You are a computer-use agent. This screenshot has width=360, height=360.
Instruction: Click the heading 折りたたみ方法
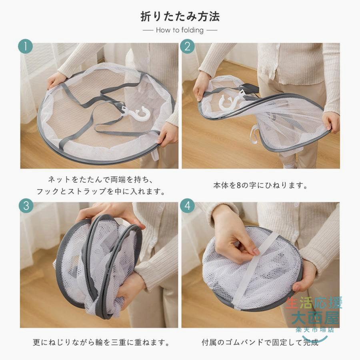(180, 17)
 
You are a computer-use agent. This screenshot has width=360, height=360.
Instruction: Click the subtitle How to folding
(180, 30)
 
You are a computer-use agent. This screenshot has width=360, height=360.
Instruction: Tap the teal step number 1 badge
(26, 46)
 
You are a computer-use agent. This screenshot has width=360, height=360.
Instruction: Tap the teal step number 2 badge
(187, 46)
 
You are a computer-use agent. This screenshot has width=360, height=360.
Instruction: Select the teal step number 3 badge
(26, 206)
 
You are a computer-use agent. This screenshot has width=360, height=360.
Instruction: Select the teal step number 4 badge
(187, 206)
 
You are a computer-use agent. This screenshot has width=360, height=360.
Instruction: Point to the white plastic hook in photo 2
(230, 101)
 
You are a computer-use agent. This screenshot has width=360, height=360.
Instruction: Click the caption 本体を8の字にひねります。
(260, 185)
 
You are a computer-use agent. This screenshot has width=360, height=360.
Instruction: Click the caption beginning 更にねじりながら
(101, 342)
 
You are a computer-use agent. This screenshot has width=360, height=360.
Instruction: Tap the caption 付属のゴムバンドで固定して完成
(260, 342)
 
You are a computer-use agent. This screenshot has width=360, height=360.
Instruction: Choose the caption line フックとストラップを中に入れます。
(101, 191)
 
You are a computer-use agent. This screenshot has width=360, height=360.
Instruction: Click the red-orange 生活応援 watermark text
(314, 303)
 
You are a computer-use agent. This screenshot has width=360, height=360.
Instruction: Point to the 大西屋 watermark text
(315, 318)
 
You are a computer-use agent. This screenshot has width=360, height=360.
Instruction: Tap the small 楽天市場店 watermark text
(315, 330)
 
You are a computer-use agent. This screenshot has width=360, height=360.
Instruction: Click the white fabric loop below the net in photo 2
(254, 136)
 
